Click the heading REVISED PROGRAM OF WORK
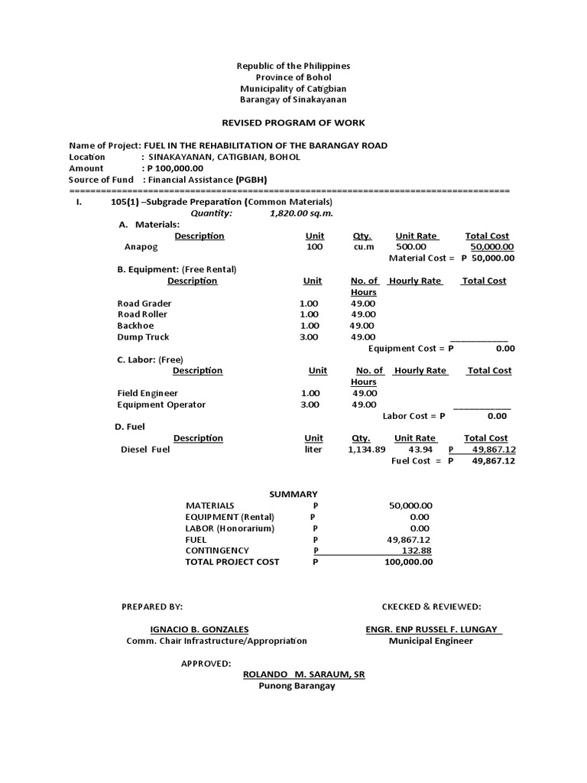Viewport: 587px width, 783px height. click(x=293, y=122)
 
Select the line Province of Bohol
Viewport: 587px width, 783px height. click(x=293, y=77)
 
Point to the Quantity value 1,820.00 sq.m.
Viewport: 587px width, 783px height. click(x=301, y=213)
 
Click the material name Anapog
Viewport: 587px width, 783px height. click(x=140, y=247)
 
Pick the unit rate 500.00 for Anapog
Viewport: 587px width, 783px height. click(x=410, y=247)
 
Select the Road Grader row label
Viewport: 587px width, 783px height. click(x=144, y=304)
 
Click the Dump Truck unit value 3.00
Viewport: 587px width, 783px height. click(x=310, y=337)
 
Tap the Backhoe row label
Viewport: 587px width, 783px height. click(x=136, y=326)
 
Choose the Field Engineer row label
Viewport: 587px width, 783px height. click(x=148, y=393)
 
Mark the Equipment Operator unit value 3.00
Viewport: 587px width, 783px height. click(x=310, y=404)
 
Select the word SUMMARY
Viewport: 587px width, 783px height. click(x=293, y=494)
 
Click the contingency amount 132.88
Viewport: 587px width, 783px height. click(x=417, y=551)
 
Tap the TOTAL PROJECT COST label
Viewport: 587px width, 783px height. click(x=232, y=561)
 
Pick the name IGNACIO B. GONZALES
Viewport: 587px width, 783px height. click(x=199, y=629)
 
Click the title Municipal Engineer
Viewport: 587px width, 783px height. click(x=430, y=641)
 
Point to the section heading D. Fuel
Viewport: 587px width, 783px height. click(x=131, y=426)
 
